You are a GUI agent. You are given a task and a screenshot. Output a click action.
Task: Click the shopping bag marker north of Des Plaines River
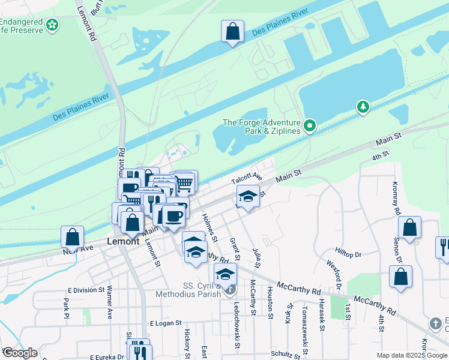[232, 31]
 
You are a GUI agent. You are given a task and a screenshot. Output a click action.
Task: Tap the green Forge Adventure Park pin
[310, 126]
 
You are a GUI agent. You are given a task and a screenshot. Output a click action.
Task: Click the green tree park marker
[363, 107]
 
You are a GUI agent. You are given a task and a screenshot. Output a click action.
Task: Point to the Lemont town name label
[123, 241]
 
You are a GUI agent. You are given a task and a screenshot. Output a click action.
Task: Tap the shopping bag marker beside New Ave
[73, 236]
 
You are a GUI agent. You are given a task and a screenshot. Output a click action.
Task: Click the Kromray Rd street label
[396, 199]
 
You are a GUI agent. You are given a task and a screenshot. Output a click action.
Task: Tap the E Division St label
[86, 290]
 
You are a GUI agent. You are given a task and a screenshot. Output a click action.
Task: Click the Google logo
[19, 353]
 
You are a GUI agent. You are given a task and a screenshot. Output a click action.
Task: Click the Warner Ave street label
[109, 301]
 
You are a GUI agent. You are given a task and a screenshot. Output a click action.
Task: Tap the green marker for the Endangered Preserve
[53, 25]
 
